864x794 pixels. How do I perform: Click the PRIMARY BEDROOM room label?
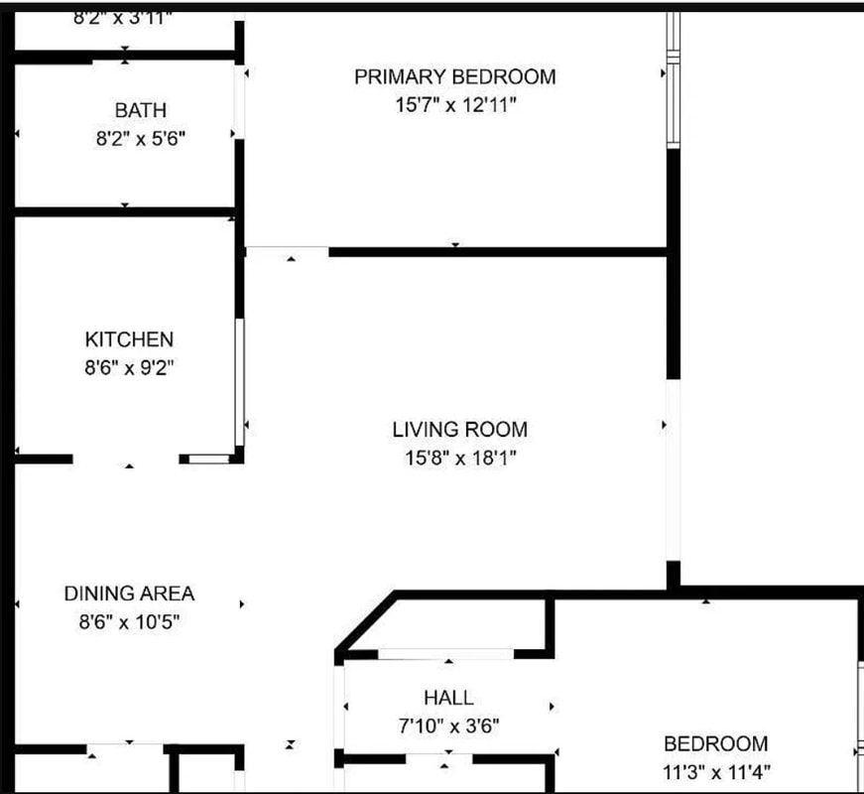click(x=455, y=76)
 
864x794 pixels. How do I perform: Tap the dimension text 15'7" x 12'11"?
click(x=455, y=105)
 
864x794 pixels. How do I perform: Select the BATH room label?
click(x=140, y=110)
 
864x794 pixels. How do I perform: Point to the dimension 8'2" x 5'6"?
click(x=140, y=139)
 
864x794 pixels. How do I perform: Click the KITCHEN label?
click(x=129, y=339)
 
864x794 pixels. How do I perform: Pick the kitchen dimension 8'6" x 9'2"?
click(x=129, y=368)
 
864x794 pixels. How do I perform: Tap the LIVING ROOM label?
click(x=460, y=430)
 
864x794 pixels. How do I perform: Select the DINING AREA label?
click(x=129, y=594)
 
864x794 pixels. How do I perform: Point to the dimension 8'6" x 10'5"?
click(x=129, y=622)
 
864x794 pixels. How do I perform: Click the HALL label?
click(x=448, y=698)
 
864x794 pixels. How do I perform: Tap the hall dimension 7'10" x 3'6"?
click(x=448, y=727)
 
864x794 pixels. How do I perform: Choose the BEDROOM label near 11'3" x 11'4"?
click(x=715, y=743)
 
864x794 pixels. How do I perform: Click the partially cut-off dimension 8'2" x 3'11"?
click(x=124, y=17)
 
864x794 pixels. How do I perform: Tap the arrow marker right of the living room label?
click(x=664, y=426)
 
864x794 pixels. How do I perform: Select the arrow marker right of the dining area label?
click(x=241, y=603)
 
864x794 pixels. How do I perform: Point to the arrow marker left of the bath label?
click(x=18, y=133)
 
